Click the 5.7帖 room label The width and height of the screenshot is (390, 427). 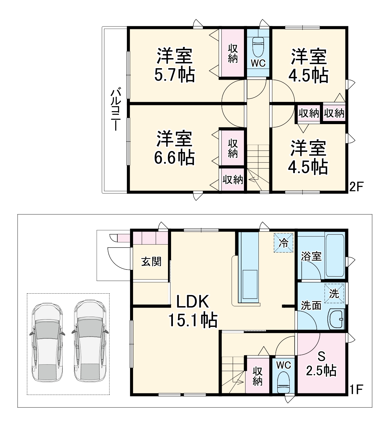point(175,65)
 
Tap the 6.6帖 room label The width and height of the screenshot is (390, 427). point(175,149)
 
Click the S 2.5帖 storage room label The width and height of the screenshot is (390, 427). point(321,364)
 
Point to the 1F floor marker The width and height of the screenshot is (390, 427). point(356,389)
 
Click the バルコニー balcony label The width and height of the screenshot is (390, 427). point(115,110)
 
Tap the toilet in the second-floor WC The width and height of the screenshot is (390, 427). point(258,46)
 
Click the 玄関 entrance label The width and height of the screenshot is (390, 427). point(151,262)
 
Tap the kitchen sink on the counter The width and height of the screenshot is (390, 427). point(250,284)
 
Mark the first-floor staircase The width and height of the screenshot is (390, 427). point(233,374)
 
